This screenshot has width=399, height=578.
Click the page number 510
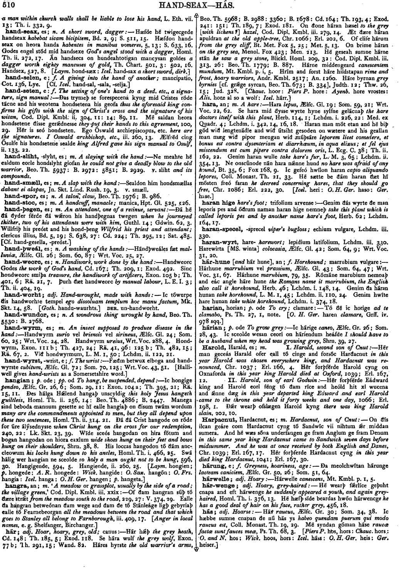[8, 5]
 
